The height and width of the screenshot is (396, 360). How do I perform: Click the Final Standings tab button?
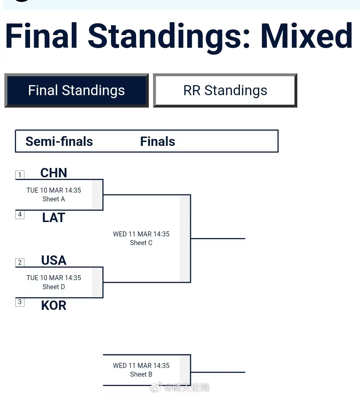[76, 90]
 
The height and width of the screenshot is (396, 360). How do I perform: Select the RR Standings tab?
[225, 90]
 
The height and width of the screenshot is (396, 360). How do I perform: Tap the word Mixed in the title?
[306, 36]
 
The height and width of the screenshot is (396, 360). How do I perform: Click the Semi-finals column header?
[59, 142]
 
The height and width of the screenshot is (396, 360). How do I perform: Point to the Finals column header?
[157, 142]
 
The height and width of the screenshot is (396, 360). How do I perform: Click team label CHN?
[54, 173]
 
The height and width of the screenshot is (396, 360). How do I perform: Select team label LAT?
[54, 218]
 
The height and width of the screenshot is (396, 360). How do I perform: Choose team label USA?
[54, 260]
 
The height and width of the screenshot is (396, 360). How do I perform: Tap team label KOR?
[54, 306]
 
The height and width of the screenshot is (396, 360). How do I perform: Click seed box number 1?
[20, 175]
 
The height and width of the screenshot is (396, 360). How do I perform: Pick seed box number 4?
[20, 214]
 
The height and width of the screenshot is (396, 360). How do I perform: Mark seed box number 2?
[20, 262]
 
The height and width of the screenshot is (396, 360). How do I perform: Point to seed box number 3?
[20, 302]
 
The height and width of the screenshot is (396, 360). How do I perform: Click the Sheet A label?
[54, 199]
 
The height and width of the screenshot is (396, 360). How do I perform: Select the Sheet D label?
[54, 287]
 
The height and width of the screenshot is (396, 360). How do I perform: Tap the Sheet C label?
[141, 243]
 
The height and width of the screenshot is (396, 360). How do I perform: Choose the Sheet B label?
[141, 374]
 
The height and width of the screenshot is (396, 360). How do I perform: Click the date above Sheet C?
[141, 234]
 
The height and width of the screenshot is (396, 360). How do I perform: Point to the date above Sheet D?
[54, 278]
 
